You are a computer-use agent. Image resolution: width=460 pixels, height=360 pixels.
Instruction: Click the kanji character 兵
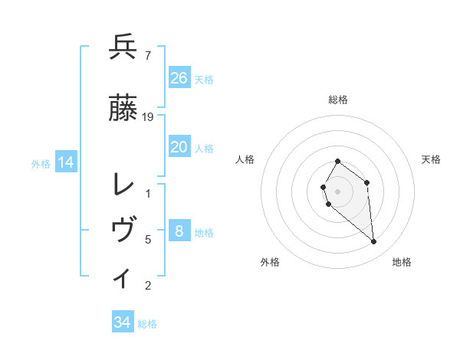123,47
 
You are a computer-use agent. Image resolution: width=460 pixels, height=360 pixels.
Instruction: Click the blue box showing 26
179,78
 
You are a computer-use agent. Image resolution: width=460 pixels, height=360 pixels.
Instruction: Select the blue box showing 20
179,147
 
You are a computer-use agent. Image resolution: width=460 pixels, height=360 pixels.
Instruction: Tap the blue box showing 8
179,231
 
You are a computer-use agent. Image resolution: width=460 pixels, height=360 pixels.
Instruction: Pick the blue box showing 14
65,162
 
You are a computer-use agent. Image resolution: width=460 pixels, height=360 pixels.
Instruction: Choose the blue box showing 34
123,322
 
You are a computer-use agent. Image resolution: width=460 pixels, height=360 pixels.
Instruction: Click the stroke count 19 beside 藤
148,116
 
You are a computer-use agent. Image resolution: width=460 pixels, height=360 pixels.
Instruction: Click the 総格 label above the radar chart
338,100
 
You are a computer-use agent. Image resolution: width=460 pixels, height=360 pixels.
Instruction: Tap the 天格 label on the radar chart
431,159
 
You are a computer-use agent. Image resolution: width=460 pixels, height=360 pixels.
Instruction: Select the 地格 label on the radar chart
402,262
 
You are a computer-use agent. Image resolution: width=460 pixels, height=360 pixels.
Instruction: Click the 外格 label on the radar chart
270,262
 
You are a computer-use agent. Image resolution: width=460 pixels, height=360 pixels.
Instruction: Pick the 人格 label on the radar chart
245,159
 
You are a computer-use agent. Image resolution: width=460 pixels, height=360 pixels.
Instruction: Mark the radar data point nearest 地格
374,242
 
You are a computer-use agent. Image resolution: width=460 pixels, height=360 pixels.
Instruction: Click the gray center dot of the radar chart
338,191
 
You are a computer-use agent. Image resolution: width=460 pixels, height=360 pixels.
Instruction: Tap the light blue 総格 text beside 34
147,324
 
